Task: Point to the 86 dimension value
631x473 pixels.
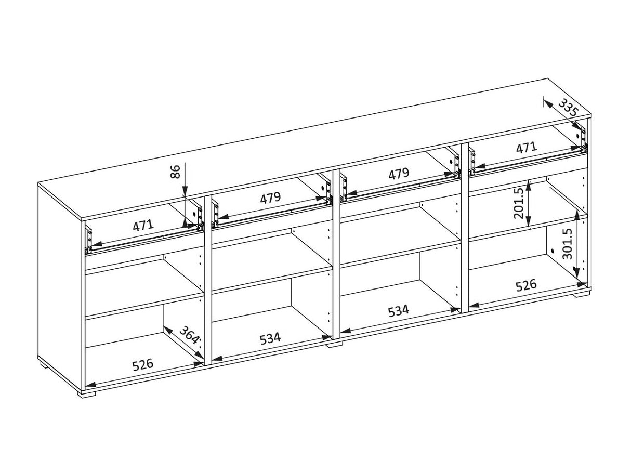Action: pyautogui.click(x=175, y=172)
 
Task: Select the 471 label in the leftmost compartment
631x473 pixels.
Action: pyautogui.click(x=143, y=225)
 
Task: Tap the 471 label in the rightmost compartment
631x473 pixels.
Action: pyautogui.click(x=527, y=148)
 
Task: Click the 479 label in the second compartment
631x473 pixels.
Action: pyautogui.click(x=270, y=198)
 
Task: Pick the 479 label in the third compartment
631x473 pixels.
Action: pyautogui.click(x=399, y=173)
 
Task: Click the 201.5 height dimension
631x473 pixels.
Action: pyautogui.click(x=519, y=203)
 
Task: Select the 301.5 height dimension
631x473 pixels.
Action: pyautogui.click(x=568, y=244)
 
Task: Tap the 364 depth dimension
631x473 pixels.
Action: pyautogui.click(x=189, y=335)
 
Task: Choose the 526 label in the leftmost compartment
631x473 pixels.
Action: pyautogui.click(x=142, y=364)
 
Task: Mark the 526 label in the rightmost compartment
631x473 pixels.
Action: pyautogui.click(x=526, y=285)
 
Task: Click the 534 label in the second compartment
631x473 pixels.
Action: pyautogui.click(x=270, y=338)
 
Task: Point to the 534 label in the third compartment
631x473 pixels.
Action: pyautogui.click(x=398, y=311)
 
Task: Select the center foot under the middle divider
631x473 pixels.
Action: pyautogui.click(x=335, y=344)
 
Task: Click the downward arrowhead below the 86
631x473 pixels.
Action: pyautogui.click(x=185, y=190)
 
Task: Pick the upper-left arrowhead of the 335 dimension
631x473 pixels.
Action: pyautogui.click(x=547, y=104)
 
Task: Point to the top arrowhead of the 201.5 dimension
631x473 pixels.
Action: pyautogui.click(x=528, y=186)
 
